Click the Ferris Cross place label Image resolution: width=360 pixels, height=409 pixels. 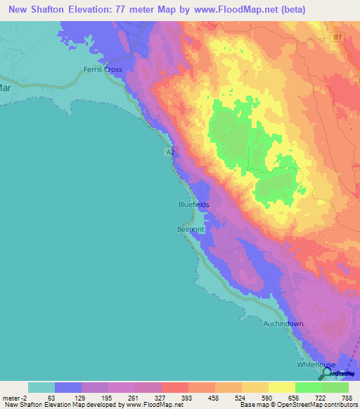coord(103,70)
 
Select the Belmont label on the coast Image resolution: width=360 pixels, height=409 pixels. coord(190,229)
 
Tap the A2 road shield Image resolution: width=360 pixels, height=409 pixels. coord(171,152)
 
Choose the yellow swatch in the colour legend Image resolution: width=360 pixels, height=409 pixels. coord(281,387)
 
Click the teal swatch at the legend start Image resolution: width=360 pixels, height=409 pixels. coord(41,387)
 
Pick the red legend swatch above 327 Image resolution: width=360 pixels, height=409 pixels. coord(174,387)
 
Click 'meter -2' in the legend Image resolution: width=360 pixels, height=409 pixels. coord(13,397)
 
